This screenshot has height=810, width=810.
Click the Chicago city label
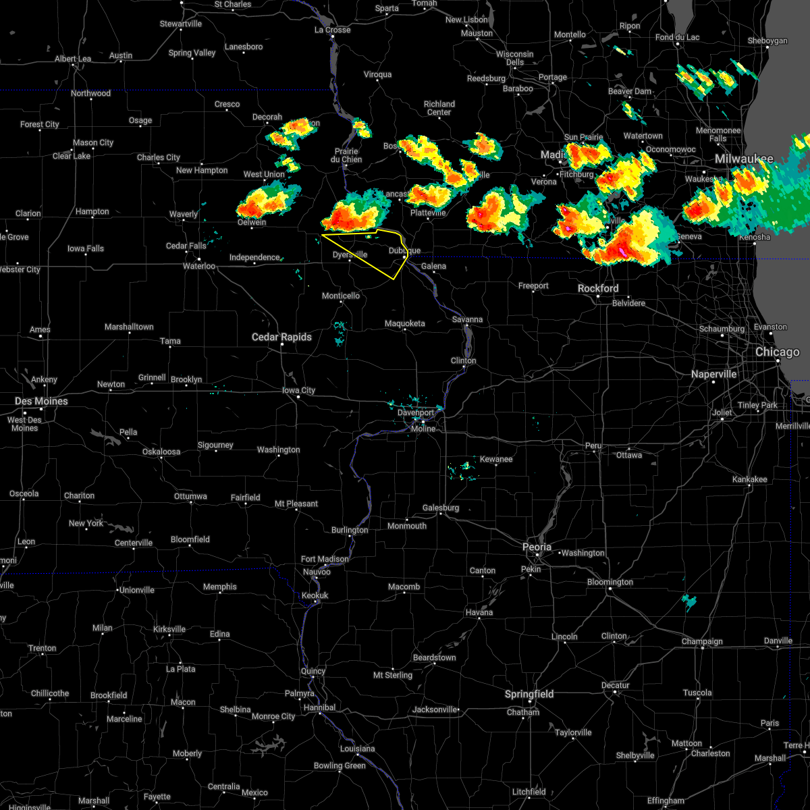pyautogui.click(x=778, y=352)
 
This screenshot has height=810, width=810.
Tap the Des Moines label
pyautogui.click(x=41, y=402)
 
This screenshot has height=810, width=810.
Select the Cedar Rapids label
pyautogui.click(x=281, y=337)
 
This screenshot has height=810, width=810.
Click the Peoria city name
pyautogui.click(x=537, y=547)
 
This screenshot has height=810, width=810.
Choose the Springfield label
pyautogui.click(x=529, y=695)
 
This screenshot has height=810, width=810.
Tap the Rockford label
pyautogui.click(x=598, y=289)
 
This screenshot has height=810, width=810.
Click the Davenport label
pyautogui.click(x=416, y=413)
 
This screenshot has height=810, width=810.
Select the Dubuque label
pyautogui.click(x=404, y=250)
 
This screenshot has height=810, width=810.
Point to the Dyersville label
pyautogui.click(x=350, y=254)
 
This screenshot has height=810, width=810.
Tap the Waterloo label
pyautogui.click(x=199, y=266)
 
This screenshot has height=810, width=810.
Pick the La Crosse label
pyautogui.click(x=333, y=30)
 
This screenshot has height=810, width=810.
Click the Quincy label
pyautogui.click(x=313, y=671)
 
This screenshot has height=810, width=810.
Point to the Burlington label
pyautogui.click(x=350, y=531)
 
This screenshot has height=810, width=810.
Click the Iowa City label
pyautogui.click(x=298, y=391)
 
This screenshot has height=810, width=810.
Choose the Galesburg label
pyautogui.click(x=441, y=508)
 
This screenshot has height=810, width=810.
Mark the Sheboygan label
pyautogui.click(x=767, y=41)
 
